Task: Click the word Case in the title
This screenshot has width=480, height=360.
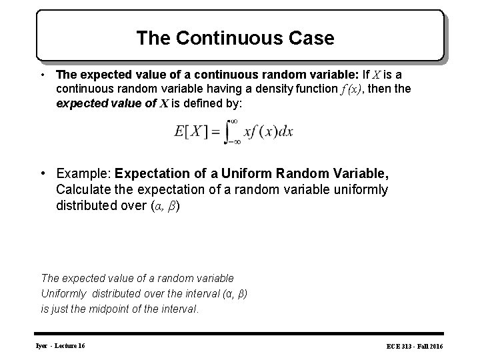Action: coord(309,38)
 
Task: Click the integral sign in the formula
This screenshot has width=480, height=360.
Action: coord(234,132)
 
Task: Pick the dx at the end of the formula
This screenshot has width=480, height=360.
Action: coord(285,132)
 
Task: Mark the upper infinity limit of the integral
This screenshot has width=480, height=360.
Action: coord(233,121)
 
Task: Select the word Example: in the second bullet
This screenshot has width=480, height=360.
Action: coord(84,173)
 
